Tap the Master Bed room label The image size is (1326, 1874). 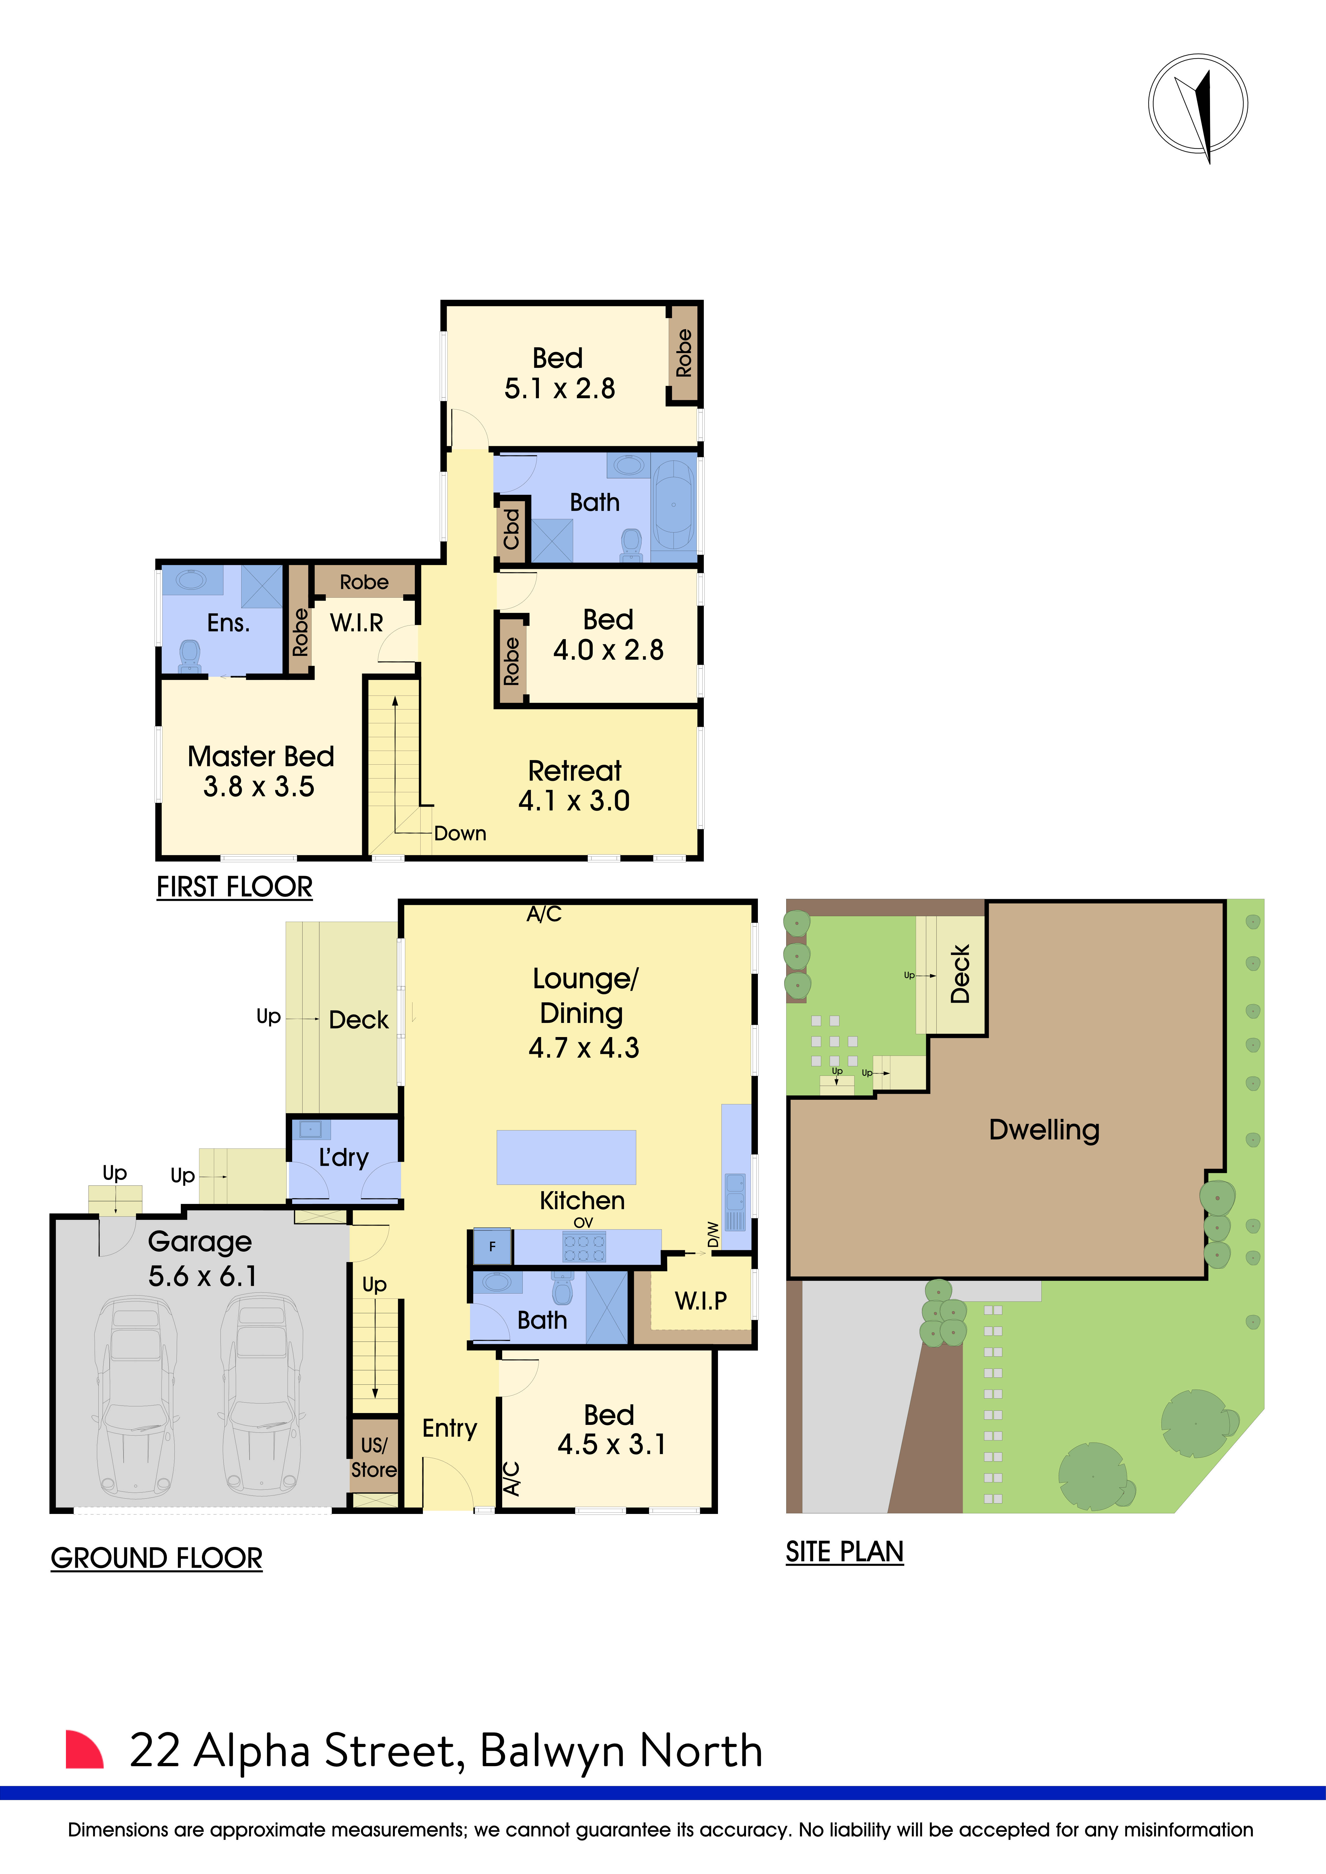coord(260,770)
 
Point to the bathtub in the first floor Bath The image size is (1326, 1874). coord(674,505)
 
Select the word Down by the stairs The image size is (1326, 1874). coord(460,833)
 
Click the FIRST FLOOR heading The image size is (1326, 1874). coord(234,887)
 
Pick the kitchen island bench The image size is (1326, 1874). coord(566,1157)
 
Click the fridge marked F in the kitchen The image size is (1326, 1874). coord(492,1246)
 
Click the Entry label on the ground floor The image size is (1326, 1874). coord(449,1428)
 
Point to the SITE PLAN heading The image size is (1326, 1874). coord(844,1552)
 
